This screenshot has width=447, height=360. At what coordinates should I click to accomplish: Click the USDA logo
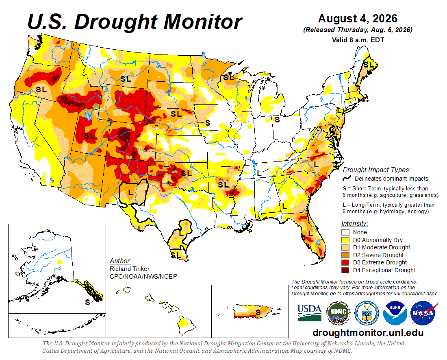[309, 313]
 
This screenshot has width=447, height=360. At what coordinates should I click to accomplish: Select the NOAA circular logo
[395, 313]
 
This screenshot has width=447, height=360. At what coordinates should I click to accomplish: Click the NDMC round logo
[338, 313]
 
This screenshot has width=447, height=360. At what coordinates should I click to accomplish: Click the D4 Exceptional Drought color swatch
[345, 270]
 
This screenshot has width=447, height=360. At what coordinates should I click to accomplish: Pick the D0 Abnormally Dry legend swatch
[345, 240]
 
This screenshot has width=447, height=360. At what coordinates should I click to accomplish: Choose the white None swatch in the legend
[345, 232]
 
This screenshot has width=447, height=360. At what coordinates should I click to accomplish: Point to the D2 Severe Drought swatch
[345, 255]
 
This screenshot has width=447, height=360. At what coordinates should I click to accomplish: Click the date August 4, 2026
[358, 19]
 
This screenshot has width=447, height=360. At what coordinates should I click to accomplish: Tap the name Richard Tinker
[129, 269]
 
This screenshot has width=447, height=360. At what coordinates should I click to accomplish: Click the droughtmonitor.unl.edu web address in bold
[368, 333]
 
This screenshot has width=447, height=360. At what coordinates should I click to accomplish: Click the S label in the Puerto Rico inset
[258, 313]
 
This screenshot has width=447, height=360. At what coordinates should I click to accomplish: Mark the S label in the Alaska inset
[87, 302]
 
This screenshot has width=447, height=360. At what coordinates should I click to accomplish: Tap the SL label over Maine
[368, 65]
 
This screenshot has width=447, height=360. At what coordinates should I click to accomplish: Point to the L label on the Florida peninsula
[310, 234]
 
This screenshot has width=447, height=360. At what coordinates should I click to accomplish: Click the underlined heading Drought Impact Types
[376, 170]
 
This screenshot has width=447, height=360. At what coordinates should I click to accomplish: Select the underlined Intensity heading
[355, 223]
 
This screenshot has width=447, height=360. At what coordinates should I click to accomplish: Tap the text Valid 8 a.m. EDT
[358, 40]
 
